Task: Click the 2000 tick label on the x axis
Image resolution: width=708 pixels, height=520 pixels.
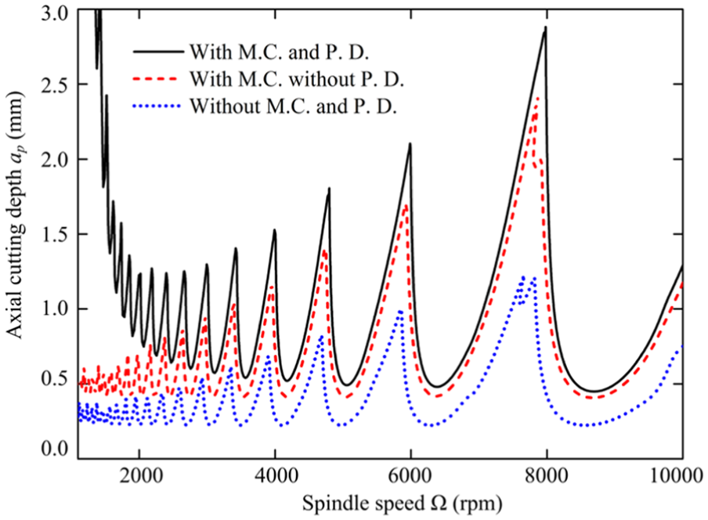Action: (139, 476)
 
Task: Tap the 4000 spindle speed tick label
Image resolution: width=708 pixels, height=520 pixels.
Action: (275, 476)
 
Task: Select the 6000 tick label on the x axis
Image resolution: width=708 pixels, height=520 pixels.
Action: (410, 476)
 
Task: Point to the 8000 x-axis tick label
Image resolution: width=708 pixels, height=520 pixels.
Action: (547, 476)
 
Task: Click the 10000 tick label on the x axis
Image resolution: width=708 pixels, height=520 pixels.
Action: (680, 476)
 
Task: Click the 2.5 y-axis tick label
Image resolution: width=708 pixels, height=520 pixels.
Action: (54, 85)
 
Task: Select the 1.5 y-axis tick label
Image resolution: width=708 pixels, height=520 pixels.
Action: (54, 234)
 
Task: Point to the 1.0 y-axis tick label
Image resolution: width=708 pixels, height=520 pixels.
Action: (54, 309)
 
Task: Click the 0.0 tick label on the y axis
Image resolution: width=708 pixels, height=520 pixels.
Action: (54, 450)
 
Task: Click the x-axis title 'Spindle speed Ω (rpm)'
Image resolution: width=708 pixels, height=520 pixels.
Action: (402, 504)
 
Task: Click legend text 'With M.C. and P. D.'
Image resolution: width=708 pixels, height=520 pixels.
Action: (279, 52)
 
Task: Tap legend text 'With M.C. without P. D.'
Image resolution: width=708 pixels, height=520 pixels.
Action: (297, 79)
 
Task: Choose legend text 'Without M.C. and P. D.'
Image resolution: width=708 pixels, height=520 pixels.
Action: (293, 107)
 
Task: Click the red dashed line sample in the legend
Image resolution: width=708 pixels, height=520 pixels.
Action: (158, 78)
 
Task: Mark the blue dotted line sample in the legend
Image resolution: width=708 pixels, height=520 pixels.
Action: (158, 106)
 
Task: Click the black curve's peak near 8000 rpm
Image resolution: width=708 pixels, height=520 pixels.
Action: (545, 27)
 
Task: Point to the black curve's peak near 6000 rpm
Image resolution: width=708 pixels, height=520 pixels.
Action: (410, 143)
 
